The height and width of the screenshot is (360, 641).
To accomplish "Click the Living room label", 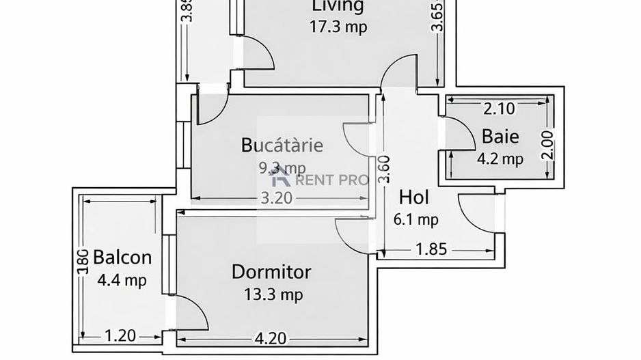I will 337,6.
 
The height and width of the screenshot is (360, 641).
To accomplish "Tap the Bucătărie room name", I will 282,145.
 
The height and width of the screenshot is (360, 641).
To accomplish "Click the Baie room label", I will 500,136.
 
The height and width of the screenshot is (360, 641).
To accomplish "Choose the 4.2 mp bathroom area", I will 500,159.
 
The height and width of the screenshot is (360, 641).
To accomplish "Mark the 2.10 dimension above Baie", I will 499,108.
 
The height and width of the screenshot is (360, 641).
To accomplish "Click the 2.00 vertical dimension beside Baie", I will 547,144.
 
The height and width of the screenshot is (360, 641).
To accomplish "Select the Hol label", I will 413,197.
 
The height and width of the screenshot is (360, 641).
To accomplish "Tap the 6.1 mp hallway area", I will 415,219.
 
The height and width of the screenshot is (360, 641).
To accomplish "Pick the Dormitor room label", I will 271,272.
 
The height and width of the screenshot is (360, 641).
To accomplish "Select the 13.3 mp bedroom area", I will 273,294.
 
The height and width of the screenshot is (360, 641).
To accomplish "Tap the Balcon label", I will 122,258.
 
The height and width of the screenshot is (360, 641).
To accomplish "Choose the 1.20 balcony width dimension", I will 120,336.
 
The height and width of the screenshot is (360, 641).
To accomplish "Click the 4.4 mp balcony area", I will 122,280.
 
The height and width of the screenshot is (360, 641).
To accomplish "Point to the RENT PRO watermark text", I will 331,180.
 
